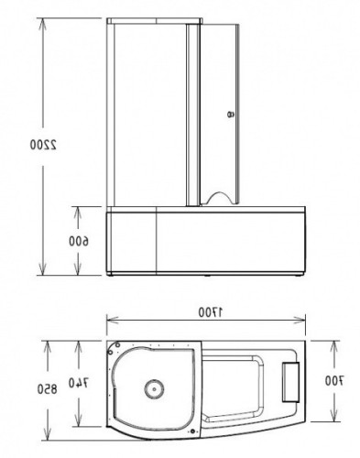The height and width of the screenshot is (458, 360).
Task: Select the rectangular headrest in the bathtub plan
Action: point(292,380)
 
